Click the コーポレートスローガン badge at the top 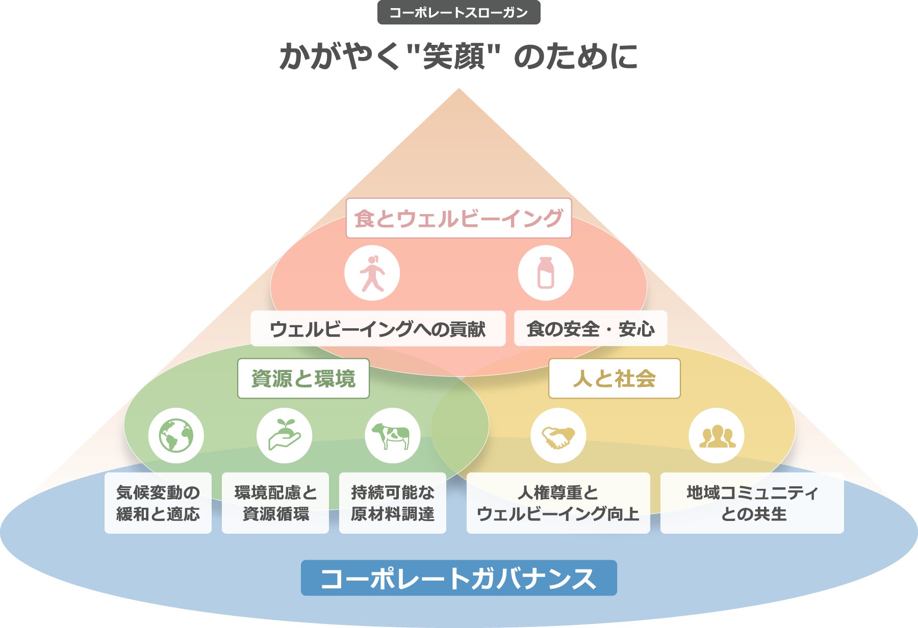(458, 13)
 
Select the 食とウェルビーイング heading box (458, 218)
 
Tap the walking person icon (372, 273)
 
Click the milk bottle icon (546, 273)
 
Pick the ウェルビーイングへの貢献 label (378, 329)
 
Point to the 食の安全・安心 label (590, 329)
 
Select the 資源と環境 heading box (303, 379)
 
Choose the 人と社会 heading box (614, 379)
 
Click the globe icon (176, 436)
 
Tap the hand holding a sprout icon (285, 436)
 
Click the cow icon (392, 436)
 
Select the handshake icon (558, 436)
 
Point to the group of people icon (717, 436)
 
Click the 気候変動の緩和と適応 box (158, 503)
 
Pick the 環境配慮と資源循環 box (275, 503)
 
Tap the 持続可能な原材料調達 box (393, 503)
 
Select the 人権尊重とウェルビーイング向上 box (558, 503)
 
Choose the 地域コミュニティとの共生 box (752, 503)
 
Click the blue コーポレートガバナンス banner (458, 578)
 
